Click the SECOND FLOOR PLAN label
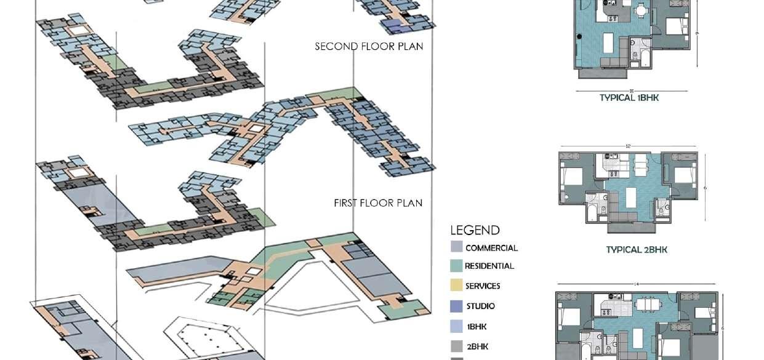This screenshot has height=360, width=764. tap(369, 46)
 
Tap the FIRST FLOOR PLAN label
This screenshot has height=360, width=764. tap(378, 203)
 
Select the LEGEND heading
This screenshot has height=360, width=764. tap(475, 231)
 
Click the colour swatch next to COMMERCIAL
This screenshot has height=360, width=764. tap(456, 247)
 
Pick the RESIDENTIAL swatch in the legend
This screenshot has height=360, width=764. tap(456, 266)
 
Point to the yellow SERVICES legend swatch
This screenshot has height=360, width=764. tap(456, 285)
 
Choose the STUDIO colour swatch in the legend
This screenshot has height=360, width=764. tap(456, 306)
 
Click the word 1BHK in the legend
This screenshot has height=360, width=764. tap(476, 327)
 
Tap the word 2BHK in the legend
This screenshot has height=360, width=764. tap(477, 346)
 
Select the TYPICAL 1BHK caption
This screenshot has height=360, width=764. tap(629, 97)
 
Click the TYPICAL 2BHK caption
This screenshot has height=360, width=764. tap(637, 249)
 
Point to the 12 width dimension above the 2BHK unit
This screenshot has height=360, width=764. tap(628, 146)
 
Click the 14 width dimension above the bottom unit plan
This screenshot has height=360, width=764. tap(636, 284)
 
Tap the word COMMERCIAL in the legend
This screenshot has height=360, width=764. tap(491, 248)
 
